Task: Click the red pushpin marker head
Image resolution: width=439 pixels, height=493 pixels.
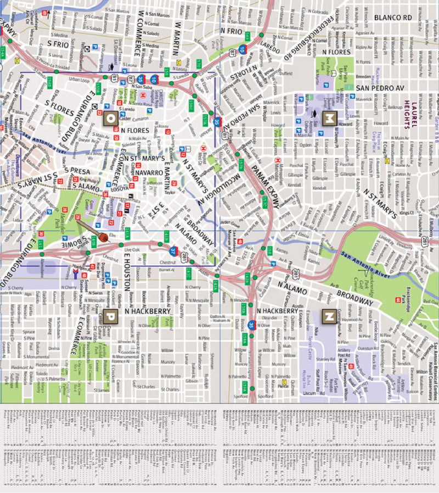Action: point(103,238)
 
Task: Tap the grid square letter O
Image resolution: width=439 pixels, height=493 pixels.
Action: point(109,117)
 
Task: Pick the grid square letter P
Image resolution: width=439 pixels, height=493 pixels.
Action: point(109,316)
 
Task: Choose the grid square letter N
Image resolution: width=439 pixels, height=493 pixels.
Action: point(329,316)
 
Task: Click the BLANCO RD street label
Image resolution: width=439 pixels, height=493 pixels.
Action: point(392,18)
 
